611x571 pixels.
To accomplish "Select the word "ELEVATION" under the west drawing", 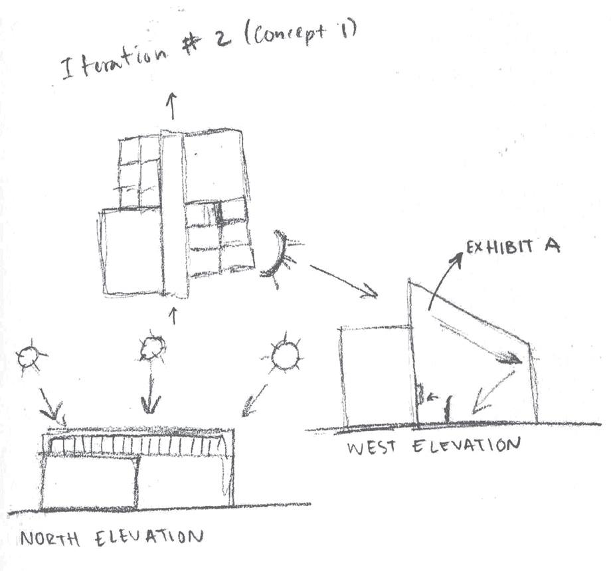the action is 466,444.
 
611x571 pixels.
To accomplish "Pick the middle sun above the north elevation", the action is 152,347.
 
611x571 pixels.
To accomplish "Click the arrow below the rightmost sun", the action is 254,400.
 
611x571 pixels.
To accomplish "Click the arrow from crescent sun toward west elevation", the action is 343,281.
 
